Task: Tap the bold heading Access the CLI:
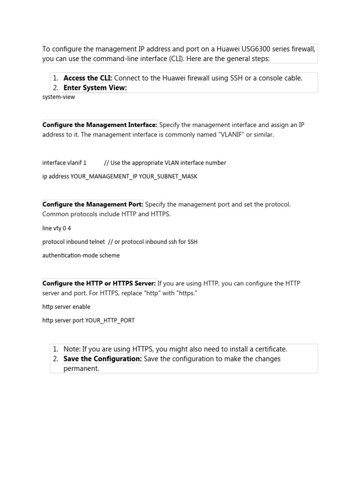(x=88, y=78)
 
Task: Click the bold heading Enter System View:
(x=95, y=88)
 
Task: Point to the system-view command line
(x=59, y=97)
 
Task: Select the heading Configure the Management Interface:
(x=100, y=125)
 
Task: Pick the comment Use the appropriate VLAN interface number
(x=168, y=163)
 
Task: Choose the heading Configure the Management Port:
(x=93, y=204)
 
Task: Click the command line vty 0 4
(x=57, y=228)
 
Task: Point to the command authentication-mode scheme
(x=81, y=255)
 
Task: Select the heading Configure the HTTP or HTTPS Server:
(x=99, y=283)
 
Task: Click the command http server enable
(x=66, y=307)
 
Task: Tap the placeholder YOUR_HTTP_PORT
(x=110, y=321)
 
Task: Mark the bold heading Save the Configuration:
(x=103, y=359)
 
